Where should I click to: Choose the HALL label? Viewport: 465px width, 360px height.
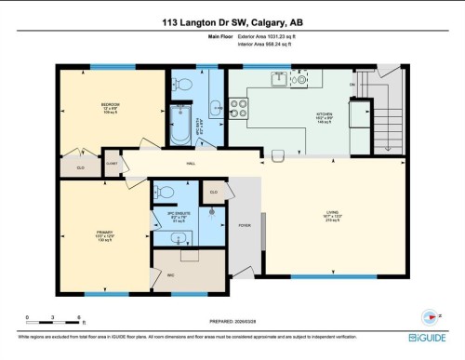click(191, 163)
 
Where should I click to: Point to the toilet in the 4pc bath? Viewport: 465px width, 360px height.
click(183, 86)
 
